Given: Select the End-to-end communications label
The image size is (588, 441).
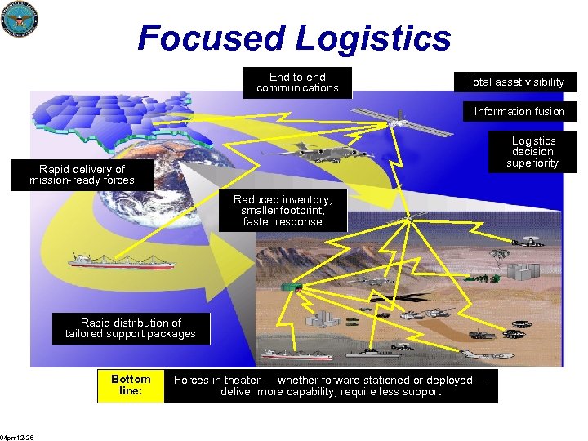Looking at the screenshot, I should point(297,82).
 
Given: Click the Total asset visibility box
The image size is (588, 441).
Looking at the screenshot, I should point(514,82).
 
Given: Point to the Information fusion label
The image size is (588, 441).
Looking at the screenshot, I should point(519,111).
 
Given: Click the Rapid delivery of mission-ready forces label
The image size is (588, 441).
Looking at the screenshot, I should point(82,175).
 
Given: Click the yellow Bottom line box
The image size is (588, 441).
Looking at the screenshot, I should point(131,385).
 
